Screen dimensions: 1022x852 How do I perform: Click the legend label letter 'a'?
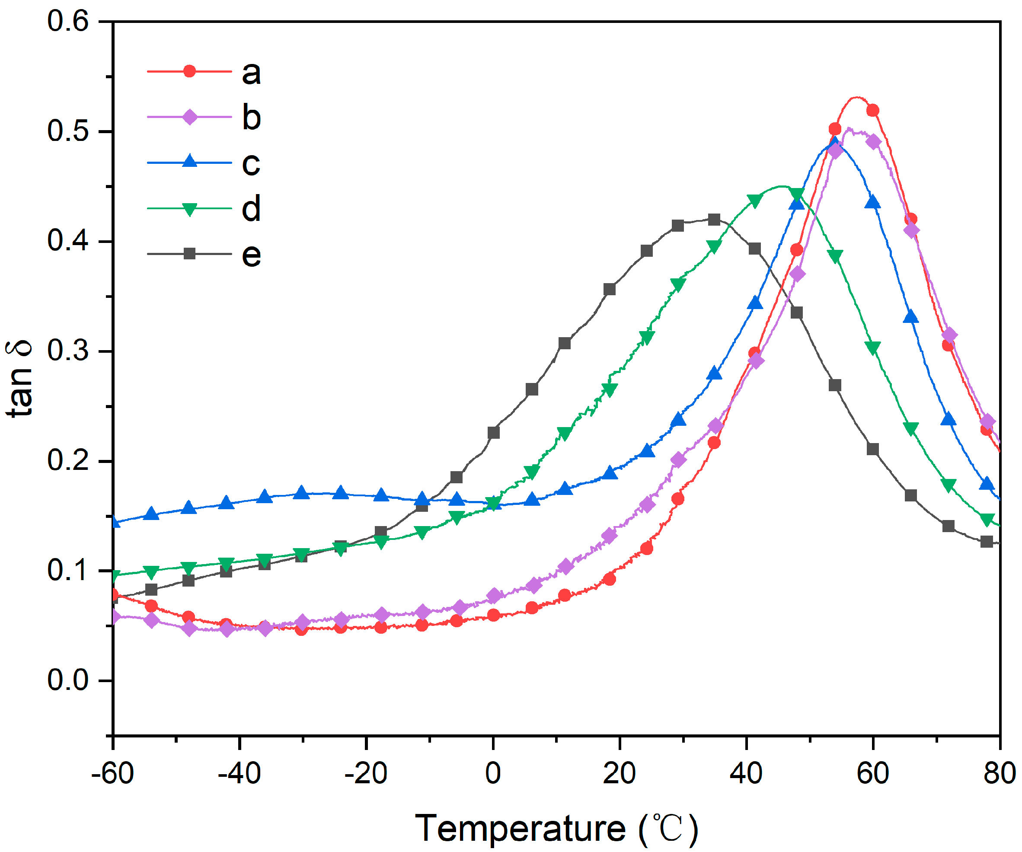251,73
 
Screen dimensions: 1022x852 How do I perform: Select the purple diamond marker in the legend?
190,117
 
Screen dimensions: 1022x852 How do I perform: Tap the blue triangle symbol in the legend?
190,161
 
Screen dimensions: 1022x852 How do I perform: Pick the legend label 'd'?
251,208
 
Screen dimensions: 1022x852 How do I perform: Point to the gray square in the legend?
190,253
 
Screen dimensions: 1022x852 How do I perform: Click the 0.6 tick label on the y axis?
68,22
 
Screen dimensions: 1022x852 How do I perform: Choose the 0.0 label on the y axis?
68,680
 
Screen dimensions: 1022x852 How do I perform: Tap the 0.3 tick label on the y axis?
68,351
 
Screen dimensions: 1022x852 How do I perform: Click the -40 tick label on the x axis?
239,773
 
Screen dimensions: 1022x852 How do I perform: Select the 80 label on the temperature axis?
999,773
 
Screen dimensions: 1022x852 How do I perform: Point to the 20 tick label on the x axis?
619,773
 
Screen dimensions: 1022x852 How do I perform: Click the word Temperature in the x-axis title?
520,828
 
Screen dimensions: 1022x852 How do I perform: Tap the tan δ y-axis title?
19,379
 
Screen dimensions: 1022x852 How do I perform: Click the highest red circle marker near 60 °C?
872,111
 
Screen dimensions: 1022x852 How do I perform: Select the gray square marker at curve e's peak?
714,220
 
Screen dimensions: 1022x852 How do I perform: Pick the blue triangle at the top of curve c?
835,143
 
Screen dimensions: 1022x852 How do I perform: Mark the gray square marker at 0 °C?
493,432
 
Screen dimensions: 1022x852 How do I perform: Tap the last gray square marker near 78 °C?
987,542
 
